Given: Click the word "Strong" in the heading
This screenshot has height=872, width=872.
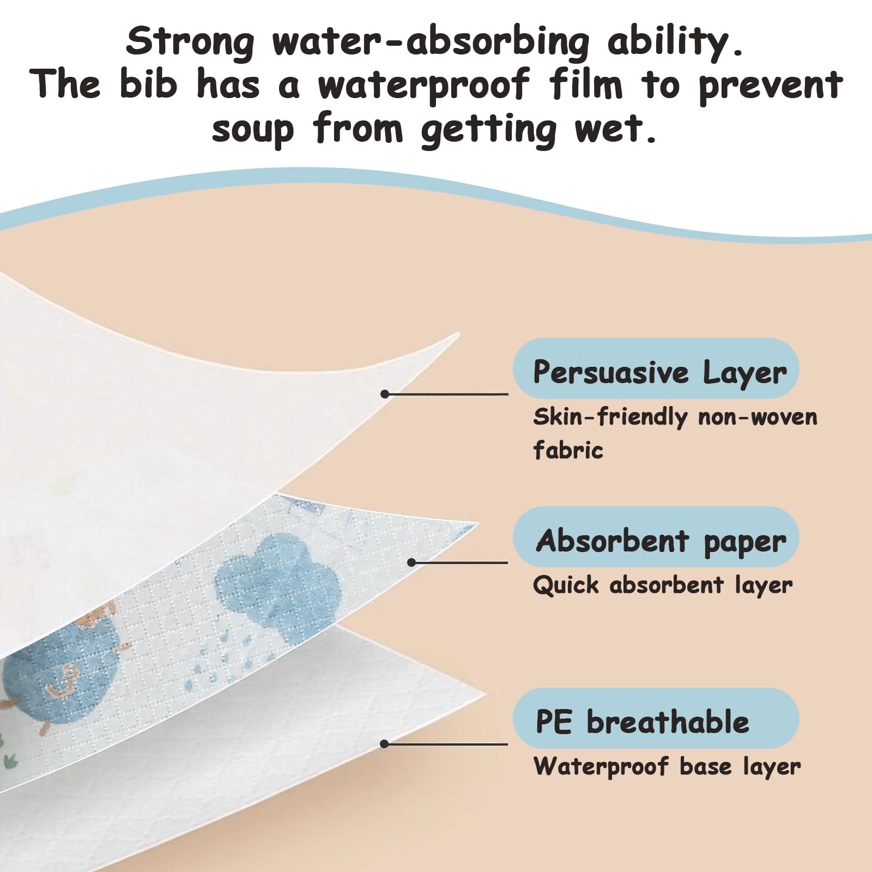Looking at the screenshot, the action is click(x=190, y=42).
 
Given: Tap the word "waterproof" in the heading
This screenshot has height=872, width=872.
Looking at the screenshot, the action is click(x=423, y=86).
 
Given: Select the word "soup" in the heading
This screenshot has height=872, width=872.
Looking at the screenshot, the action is click(x=253, y=130).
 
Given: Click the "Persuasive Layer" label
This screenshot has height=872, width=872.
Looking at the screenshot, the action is click(x=660, y=373).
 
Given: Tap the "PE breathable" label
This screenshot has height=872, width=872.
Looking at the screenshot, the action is click(x=643, y=722).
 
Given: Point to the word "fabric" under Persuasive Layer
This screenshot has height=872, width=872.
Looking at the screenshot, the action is click(x=568, y=450).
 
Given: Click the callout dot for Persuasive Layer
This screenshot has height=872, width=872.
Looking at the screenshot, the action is click(x=385, y=393).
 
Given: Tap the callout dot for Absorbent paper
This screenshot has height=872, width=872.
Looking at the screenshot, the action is click(x=412, y=562).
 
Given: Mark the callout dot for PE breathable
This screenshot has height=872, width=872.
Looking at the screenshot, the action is click(x=384, y=744).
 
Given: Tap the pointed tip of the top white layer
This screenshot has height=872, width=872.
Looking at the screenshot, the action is click(x=459, y=334).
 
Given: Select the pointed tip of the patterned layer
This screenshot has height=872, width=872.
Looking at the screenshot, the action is click(x=477, y=524).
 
